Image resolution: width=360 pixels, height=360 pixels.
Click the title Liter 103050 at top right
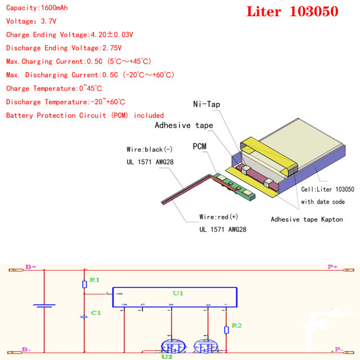click(292, 12)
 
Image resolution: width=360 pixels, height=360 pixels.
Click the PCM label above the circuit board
click(199, 146)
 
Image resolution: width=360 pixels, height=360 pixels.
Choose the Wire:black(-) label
click(145, 150)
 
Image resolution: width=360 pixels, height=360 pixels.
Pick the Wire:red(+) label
click(219, 217)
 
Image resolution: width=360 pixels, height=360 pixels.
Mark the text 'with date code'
click(323, 202)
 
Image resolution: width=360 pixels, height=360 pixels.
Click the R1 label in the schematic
click(94, 280)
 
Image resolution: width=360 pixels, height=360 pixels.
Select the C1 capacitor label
click(96, 313)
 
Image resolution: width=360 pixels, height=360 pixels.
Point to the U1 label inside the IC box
click(178, 293)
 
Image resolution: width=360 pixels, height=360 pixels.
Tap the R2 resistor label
click(236, 326)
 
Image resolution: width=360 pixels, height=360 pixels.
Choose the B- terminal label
click(26, 349)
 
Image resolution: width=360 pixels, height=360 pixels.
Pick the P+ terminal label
click(333, 267)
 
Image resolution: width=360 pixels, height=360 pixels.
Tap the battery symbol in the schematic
click(43, 307)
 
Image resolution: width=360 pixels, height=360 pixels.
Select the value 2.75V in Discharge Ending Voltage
click(112, 48)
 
